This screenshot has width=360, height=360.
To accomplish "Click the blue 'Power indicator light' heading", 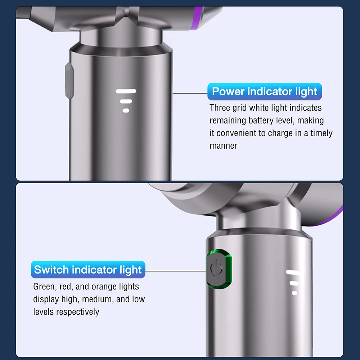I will (265, 91).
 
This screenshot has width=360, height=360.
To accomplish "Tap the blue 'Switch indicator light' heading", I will (88, 270).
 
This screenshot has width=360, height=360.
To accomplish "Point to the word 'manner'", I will (223, 146).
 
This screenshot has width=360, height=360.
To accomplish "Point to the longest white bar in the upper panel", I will (126, 91).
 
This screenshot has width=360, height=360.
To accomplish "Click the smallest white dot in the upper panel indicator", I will (126, 111).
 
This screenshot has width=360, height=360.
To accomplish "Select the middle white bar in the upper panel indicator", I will (126, 102).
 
